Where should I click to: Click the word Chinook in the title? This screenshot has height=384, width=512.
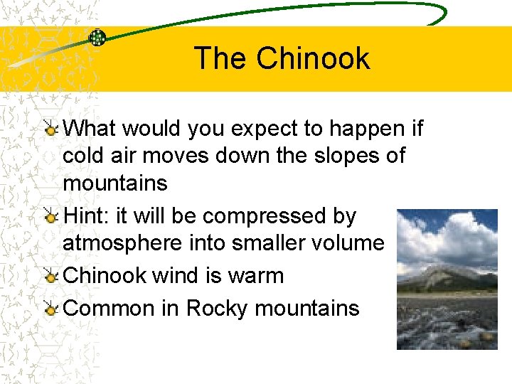[314, 58]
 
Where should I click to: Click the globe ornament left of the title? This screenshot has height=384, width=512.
[97, 38]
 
